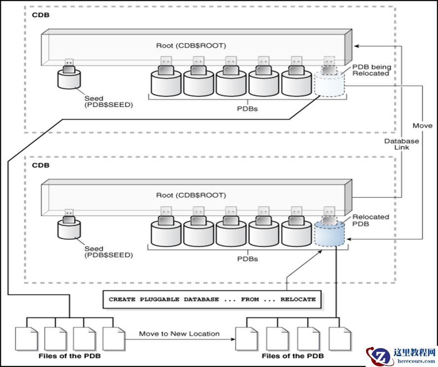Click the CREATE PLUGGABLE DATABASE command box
[x=212, y=300]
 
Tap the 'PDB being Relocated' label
[x=371, y=69]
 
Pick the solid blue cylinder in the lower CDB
[x=329, y=234]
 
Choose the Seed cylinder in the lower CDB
[x=69, y=229]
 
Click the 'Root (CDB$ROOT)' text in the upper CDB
[x=191, y=46]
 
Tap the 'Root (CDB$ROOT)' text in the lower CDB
[x=191, y=196]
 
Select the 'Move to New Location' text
[x=179, y=334]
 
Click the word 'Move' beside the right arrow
[x=422, y=126]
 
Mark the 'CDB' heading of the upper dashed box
[x=41, y=15]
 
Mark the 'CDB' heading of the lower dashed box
[x=41, y=166]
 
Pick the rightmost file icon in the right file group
[x=340, y=338]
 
